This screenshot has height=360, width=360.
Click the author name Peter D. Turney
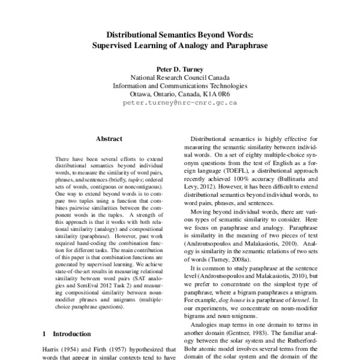click(180, 69)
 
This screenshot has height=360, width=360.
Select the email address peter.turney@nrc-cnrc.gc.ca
click(180, 103)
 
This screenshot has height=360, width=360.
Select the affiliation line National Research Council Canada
click(180, 77)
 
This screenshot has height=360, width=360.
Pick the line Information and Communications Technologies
click(180, 86)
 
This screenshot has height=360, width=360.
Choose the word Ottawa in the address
click(142, 94)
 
